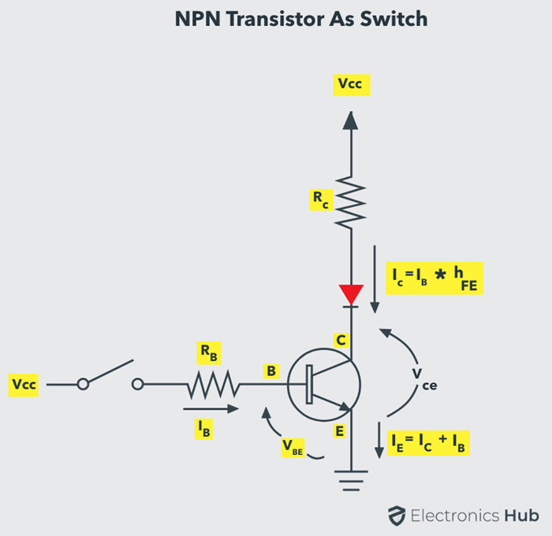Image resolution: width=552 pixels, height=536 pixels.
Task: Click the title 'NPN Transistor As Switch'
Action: (x=301, y=19)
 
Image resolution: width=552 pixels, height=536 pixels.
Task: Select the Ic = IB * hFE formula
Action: (x=435, y=279)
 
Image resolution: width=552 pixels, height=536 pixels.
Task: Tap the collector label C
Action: (x=341, y=341)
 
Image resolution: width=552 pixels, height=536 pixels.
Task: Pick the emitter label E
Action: (x=341, y=430)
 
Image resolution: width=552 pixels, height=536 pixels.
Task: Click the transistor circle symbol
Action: (x=324, y=385)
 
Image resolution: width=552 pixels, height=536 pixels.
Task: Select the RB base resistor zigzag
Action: (x=212, y=385)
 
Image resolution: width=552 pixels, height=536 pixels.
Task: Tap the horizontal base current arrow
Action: (x=210, y=409)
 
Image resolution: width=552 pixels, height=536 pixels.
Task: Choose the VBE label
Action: (x=294, y=445)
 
